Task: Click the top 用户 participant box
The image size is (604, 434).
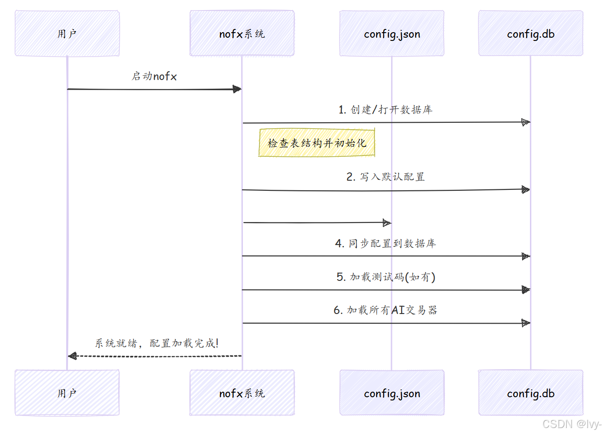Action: tap(67, 34)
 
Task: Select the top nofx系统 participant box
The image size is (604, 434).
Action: tap(242, 34)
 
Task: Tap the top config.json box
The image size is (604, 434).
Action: tap(392, 34)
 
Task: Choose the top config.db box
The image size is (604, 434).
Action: tap(530, 34)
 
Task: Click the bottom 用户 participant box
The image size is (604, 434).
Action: tap(67, 393)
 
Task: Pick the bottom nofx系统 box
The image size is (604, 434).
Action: tap(242, 393)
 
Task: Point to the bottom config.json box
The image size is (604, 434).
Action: tap(392, 393)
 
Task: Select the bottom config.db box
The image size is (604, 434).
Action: tap(530, 393)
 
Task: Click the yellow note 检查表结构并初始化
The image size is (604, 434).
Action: tap(316, 143)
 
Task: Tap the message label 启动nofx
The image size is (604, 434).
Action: tap(154, 76)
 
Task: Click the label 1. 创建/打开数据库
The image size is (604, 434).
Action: tap(385, 109)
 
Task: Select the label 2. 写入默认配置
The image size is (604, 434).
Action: tap(385, 177)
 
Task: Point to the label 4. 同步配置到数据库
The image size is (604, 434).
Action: tap(385, 243)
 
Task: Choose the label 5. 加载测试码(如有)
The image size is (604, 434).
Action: tap(385, 277)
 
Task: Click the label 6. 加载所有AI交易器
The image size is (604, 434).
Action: tap(385, 310)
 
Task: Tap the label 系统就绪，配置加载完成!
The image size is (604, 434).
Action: tap(156, 343)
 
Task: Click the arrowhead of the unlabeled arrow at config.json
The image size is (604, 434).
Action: tap(387, 223)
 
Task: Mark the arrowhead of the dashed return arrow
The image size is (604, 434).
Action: tap(72, 356)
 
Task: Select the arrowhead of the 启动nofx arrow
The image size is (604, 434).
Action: tap(237, 89)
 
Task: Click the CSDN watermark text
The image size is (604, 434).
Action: tap(572, 424)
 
